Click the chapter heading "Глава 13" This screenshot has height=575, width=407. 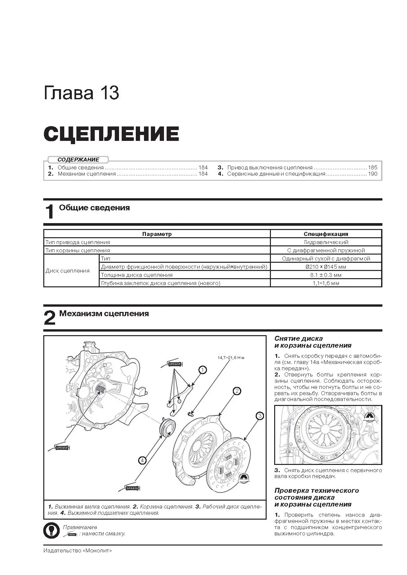[x=81, y=93]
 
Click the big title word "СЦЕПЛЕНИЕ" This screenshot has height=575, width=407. [x=111, y=134]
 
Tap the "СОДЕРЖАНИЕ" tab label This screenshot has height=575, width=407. [x=78, y=160]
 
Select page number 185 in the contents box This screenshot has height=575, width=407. [x=373, y=167]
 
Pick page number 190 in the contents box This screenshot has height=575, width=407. [x=373, y=174]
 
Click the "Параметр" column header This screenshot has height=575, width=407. [x=157, y=234]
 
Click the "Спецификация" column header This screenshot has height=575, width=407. [x=326, y=234]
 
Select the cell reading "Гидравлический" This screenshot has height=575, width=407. [x=326, y=242]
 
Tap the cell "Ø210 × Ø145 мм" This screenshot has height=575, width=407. [x=326, y=267]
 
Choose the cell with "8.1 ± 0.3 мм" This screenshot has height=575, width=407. [x=326, y=275]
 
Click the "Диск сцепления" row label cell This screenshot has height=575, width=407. [x=68, y=271]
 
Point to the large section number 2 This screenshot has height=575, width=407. [x=50, y=318]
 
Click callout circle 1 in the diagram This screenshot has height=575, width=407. [x=203, y=370]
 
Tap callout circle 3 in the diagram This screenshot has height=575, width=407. [x=259, y=416]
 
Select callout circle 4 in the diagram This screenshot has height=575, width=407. [x=142, y=460]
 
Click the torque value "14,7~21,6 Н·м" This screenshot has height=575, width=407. [x=231, y=357]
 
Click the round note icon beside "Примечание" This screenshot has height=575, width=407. [x=51, y=530]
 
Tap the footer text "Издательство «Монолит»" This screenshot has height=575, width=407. [x=77, y=550]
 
